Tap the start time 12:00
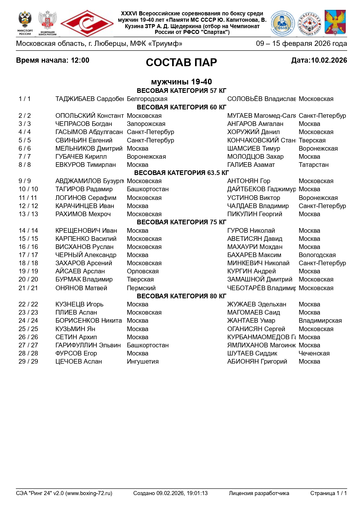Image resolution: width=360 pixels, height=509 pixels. [80, 60]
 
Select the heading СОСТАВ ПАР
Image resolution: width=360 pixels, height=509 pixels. [181, 62]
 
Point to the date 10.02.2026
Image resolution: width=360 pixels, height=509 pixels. [329, 60]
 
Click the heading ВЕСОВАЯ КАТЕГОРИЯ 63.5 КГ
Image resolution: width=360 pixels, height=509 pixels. [181, 173]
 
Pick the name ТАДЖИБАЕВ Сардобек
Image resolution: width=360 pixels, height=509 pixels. [89, 99]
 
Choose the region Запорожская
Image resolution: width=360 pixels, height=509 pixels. [146, 124]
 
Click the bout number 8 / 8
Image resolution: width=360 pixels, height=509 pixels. [25, 165]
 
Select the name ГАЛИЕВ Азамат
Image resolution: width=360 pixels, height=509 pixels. [251, 165]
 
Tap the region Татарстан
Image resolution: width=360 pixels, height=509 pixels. [314, 165]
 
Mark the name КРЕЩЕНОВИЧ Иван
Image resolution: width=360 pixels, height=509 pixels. [86, 231]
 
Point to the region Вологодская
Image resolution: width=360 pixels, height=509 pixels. [317, 255]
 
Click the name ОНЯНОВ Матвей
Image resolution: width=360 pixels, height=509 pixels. [81, 288]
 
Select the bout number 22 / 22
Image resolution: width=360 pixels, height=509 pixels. [28, 304]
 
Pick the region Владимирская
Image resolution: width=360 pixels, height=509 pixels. [320, 321]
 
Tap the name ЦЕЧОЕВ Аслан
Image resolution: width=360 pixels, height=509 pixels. [79, 362]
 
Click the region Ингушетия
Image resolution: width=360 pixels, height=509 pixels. [143, 362]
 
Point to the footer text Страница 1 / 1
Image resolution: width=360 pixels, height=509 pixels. [328, 493]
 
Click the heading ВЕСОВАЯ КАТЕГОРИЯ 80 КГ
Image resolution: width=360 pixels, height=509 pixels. [181, 296]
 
